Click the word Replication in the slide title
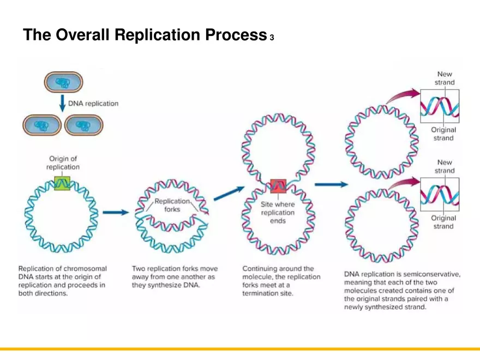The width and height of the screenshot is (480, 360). pos(159,35)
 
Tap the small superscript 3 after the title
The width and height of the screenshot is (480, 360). pos(271,38)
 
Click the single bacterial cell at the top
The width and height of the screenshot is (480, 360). pos(63,83)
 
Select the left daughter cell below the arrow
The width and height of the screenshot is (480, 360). pos(41,126)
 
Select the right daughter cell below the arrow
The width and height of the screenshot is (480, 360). pos(83,126)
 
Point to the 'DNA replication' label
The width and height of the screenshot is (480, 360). pos(93,103)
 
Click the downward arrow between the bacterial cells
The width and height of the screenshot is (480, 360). pos(63,103)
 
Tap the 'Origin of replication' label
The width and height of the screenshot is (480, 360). pos(63,163)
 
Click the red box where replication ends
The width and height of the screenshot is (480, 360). pos(278,187)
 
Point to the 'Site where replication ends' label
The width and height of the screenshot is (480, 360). pos(278,213)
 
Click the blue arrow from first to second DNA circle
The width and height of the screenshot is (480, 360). pos(115,212)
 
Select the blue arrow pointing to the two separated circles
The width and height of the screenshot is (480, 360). pos(331,185)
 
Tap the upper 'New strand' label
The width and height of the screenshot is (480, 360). pos(445,78)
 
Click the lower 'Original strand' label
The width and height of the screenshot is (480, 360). pos(443,222)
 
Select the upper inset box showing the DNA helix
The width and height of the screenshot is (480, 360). pos(440,106)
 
